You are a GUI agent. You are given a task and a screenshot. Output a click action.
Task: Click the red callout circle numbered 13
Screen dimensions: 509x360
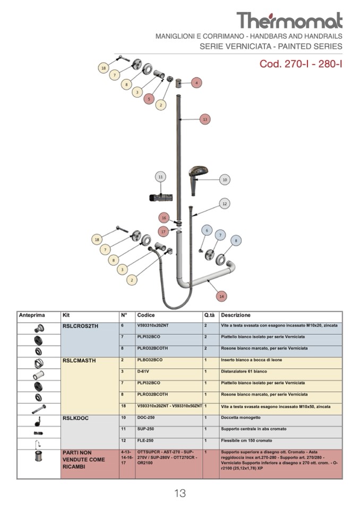pos(205,119)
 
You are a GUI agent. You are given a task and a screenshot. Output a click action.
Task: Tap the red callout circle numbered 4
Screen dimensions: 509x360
pos(197,83)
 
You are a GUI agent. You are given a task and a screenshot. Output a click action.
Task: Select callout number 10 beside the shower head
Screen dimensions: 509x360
pos(225,180)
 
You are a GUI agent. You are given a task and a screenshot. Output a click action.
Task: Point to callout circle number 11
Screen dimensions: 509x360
pos(161,177)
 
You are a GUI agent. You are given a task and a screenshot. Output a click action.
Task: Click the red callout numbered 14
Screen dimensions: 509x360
pos(221,296)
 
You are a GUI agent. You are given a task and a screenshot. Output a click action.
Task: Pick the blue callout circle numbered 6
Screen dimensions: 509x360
pos(207,230)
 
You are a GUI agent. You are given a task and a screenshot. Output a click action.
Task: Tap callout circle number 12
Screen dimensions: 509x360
pos(225,203)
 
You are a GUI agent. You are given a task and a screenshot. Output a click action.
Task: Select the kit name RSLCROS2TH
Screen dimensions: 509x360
pos(80,326)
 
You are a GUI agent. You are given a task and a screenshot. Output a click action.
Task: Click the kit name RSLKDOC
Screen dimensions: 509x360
pos(75,418)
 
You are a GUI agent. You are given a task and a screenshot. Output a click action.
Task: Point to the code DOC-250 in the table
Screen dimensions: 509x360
pos(146,418)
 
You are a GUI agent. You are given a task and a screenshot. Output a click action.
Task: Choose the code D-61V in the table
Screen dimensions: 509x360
pos(143,371)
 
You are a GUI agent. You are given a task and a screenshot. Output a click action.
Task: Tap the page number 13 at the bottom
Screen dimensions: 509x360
pos(180,493)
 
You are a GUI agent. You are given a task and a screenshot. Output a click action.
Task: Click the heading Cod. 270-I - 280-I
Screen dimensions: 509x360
pos(301,64)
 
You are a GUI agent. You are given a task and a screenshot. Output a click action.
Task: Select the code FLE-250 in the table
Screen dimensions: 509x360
pos(145,441)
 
